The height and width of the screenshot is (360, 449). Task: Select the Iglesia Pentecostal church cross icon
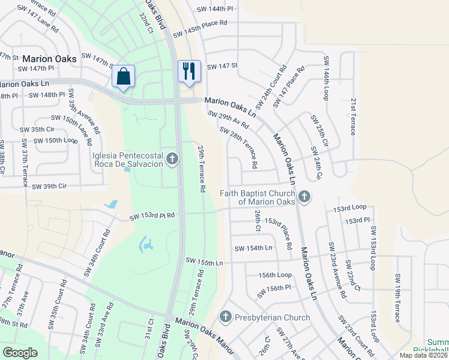pyautogui.click(x=172, y=159)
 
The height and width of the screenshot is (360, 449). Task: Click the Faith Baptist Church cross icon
pyautogui.click(x=304, y=196)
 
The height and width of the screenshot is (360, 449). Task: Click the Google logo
pyautogui.click(x=20, y=352)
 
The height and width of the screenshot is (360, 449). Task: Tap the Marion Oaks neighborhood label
pyautogui.click(x=49, y=59)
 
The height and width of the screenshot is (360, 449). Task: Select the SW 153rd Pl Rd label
pyautogui.click(x=153, y=215)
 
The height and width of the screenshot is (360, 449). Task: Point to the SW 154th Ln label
pyautogui.click(x=253, y=248)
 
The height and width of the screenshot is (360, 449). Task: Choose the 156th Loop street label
pyautogui.click(x=275, y=275)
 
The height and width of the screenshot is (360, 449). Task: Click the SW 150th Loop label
pyautogui.click(x=55, y=140)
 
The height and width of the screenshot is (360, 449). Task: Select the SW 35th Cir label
pyautogui.click(x=37, y=129)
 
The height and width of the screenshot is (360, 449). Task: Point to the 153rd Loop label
pyautogui.click(x=350, y=208)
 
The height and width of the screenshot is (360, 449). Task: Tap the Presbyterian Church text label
pyautogui.click(x=273, y=317)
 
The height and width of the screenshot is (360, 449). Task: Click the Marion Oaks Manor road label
pyautogui.click(x=200, y=329)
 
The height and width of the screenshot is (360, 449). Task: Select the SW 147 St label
pyautogui.click(x=223, y=66)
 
